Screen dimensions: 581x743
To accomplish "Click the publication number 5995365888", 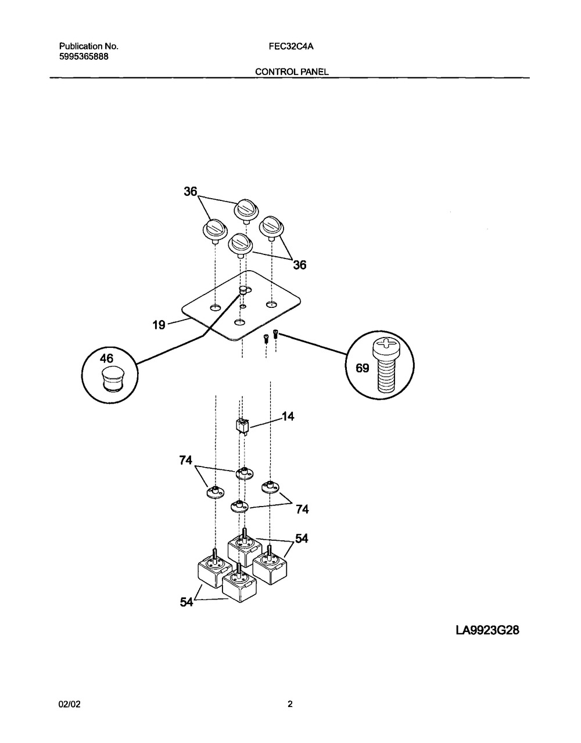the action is pyautogui.click(x=84, y=57).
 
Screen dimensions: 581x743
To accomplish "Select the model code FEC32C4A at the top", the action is pyautogui.click(x=291, y=46).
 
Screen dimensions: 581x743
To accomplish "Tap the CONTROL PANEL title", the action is pyautogui.click(x=292, y=72).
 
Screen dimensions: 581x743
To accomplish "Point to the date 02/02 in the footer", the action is pyautogui.click(x=69, y=704).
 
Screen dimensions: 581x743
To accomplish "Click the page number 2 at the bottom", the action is pyautogui.click(x=290, y=704).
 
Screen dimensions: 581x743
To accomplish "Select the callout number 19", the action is pyautogui.click(x=159, y=325).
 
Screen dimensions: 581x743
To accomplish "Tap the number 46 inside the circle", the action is pyautogui.click(x=106, y=358).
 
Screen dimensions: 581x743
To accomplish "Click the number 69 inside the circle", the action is pyautogui.click(x=363, y=368).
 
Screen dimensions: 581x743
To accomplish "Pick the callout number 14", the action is pyautogui.click(x=288, y=416).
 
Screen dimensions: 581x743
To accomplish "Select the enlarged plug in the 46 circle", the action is pyautogui.click(x=112, y=379).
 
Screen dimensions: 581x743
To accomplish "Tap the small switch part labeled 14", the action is pyautogui.click(x=242, y=427).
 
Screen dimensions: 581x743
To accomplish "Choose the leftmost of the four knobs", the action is pyautogui.click(x=215, y=231).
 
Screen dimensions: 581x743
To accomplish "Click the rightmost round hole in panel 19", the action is pyautogui.click(x=271, y=304).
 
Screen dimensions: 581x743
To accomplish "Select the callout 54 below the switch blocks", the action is pyautogui.click(x=187, y=601).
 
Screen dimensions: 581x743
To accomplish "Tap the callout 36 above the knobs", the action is pyautogui.click(x=191, y=192).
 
